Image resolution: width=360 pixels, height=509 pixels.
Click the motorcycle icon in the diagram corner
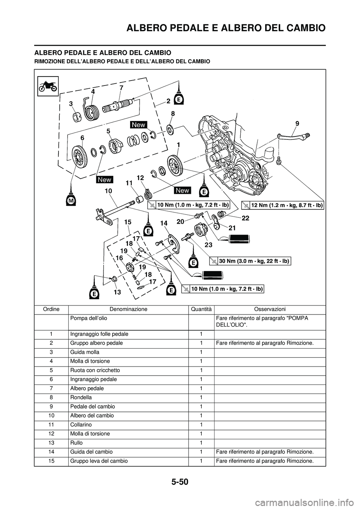48,85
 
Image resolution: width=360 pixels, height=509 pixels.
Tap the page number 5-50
180,481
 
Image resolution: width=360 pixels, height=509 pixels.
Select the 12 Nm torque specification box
282,205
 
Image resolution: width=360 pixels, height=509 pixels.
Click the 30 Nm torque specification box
250,261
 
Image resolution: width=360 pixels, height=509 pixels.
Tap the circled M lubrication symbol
71,201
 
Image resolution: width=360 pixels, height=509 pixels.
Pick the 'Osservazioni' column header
270,309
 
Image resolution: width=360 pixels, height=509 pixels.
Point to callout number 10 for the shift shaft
108,191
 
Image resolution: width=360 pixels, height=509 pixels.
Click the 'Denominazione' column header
128,309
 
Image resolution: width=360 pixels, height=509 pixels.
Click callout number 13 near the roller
117,292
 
